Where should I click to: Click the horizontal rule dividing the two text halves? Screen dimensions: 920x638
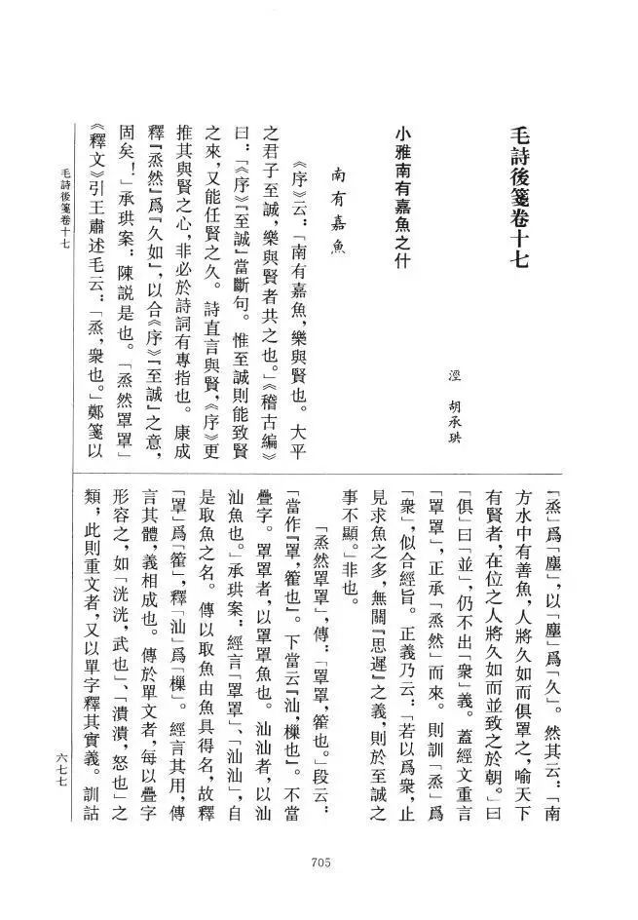[x=321, y=474]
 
